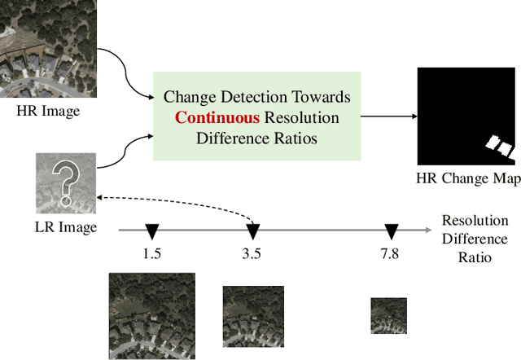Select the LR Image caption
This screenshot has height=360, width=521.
67,227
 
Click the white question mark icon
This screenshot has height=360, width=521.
66,182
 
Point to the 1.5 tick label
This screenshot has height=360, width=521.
151,253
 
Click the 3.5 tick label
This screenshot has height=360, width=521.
252,253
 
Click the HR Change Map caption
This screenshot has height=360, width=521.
468,178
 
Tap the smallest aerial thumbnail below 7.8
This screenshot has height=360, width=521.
389,316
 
